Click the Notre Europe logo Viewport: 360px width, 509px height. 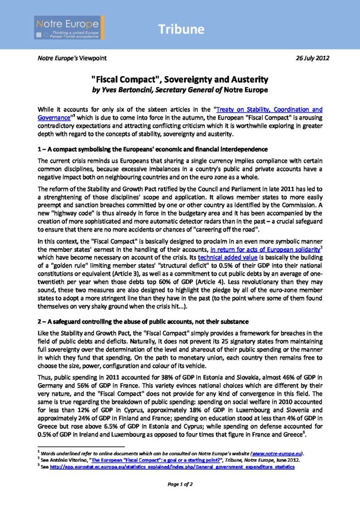(x=69, y=28)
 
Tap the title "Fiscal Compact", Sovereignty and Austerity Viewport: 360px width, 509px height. (x=180, y=79)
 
